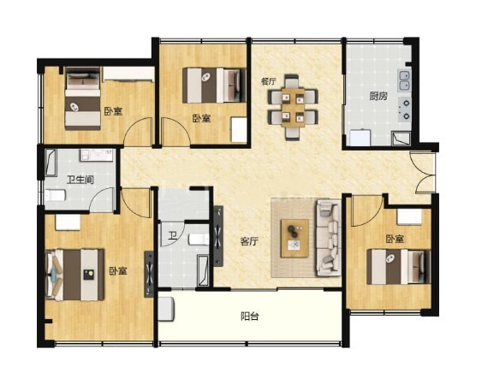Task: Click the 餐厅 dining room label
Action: tap(268, 81)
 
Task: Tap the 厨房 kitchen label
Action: tap(378, 97)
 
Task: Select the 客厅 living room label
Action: tap(249, 241)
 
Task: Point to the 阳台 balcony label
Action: tap(249, 316)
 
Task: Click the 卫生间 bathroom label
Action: tap(80, 180)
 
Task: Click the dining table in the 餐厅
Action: tap(293, 107)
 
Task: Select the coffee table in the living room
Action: tap(295, 238)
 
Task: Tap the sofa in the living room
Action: tap(328, 238)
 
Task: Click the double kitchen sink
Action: tap(405, 80)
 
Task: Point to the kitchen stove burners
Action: tap(405, 109)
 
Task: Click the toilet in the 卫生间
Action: tap(55, 195)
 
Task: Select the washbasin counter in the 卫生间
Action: tap(97, 155)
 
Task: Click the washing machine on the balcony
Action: tap(166, 310)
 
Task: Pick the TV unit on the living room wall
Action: tap(218, 236)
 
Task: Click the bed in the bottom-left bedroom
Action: tap(74, 275)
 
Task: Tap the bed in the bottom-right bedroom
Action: tap(398, 267)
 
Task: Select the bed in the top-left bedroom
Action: tap(83, 98)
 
